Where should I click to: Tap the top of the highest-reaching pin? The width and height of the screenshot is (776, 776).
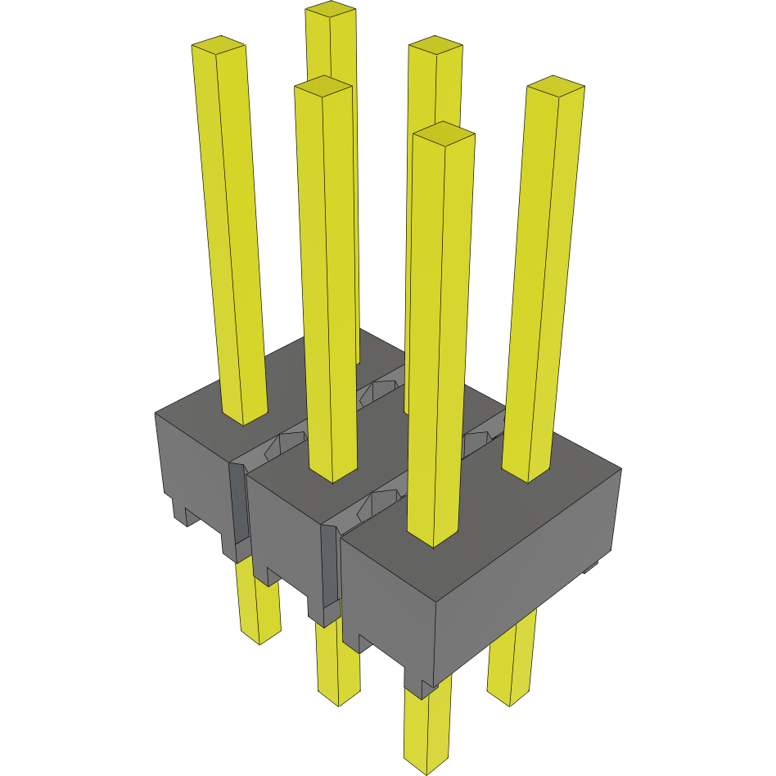pos(331,11)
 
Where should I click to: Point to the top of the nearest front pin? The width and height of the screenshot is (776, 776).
pos(444,132)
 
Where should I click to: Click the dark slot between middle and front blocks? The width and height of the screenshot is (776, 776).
pos(328,565)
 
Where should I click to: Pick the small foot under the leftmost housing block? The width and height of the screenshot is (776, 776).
pos(182,512)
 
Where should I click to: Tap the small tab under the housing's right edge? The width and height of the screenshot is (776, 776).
pos(591,566)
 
